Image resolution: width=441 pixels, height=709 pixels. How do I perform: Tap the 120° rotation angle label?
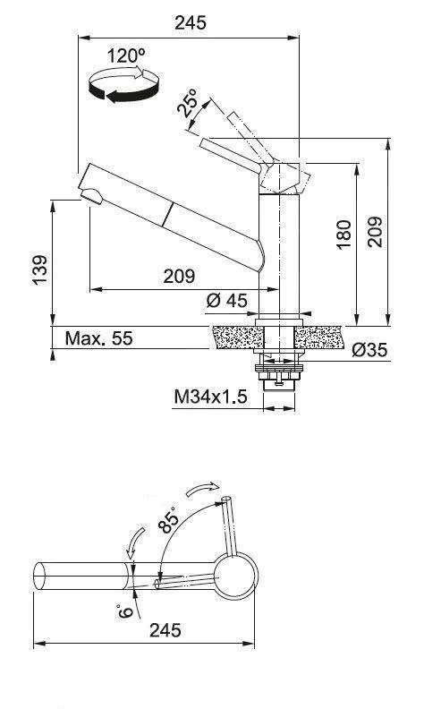tap(126, 56)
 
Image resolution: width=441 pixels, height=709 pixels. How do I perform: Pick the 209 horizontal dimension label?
tap(179, 277)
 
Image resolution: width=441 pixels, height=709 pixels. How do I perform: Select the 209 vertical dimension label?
tap(374, 234)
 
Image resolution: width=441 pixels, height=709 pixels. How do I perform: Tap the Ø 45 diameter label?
tap(225, 301)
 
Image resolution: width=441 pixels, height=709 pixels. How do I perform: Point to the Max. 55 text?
tap(98, 338)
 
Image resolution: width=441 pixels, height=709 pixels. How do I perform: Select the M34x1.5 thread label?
tap(210, 397)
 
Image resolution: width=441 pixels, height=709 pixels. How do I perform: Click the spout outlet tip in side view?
tap(89, 196)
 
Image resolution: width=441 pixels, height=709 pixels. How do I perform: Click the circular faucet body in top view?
tap(234, 576)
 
